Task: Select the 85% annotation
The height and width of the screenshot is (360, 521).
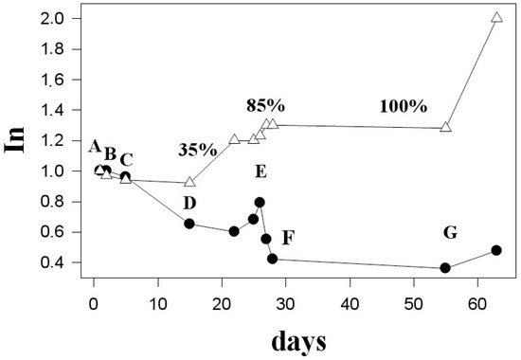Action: pos(266,105)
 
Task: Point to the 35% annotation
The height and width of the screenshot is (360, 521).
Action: pos(199,149)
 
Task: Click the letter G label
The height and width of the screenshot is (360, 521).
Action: pos(450,232)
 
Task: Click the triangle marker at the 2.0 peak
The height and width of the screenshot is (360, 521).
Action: pos(497,18)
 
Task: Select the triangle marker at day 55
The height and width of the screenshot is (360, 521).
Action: pos(445,127)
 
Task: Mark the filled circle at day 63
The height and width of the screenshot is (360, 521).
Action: pos(496,250)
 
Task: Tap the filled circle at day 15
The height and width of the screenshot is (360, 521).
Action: pos(189,224)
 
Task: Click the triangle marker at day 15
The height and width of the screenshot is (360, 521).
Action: pos(189,182)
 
